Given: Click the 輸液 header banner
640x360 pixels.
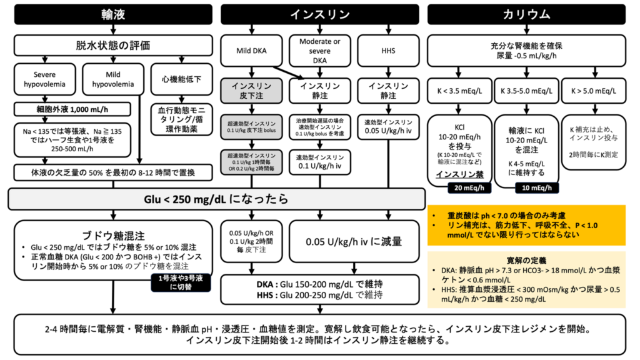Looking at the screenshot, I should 113,14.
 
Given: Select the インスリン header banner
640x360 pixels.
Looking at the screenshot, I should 319,14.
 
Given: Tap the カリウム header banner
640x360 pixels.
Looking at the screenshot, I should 526,14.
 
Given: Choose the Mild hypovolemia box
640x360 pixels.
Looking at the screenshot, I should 112,79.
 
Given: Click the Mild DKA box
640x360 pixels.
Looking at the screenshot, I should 251,50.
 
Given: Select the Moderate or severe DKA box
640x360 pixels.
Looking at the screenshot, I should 319,50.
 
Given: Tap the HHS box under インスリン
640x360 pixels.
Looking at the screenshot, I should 387,50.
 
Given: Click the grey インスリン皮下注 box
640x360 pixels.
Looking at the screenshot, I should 251,91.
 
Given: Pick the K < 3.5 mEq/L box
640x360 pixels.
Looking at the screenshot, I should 459,91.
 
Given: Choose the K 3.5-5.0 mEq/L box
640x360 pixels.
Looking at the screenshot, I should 526,91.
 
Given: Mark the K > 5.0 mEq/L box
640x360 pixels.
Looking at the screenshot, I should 594,91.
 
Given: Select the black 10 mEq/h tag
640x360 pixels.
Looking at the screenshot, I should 536,187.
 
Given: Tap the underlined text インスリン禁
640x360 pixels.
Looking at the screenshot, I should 459,174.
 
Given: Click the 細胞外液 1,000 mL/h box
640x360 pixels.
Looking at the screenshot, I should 72,110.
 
